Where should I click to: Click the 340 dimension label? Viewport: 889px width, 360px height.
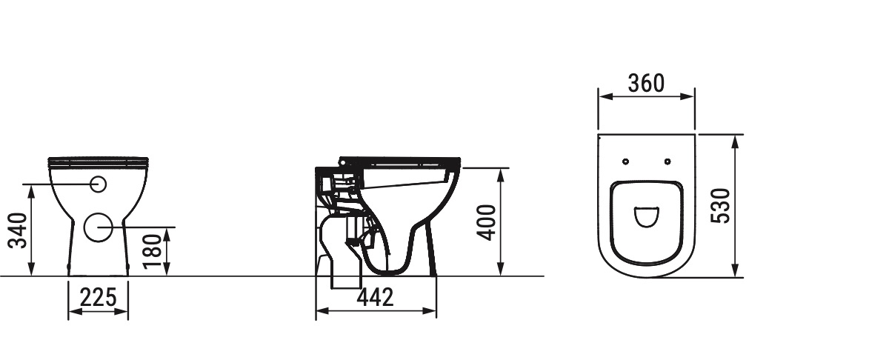(x=18, y=230)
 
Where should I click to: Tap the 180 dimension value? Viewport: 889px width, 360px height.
(x=153, y=252)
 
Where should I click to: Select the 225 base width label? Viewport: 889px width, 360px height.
(x=99, y=297)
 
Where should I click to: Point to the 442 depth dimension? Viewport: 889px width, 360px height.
(x=375, y=297)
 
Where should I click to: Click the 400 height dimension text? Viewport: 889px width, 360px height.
(x=486, y=223)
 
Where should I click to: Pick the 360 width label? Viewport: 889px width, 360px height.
(x=646, y=84)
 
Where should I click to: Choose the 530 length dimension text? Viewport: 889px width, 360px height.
(x=720, y=206)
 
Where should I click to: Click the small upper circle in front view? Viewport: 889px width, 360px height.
(x=99, y=184)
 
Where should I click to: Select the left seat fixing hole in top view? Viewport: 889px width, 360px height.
(x=626, y=161)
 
